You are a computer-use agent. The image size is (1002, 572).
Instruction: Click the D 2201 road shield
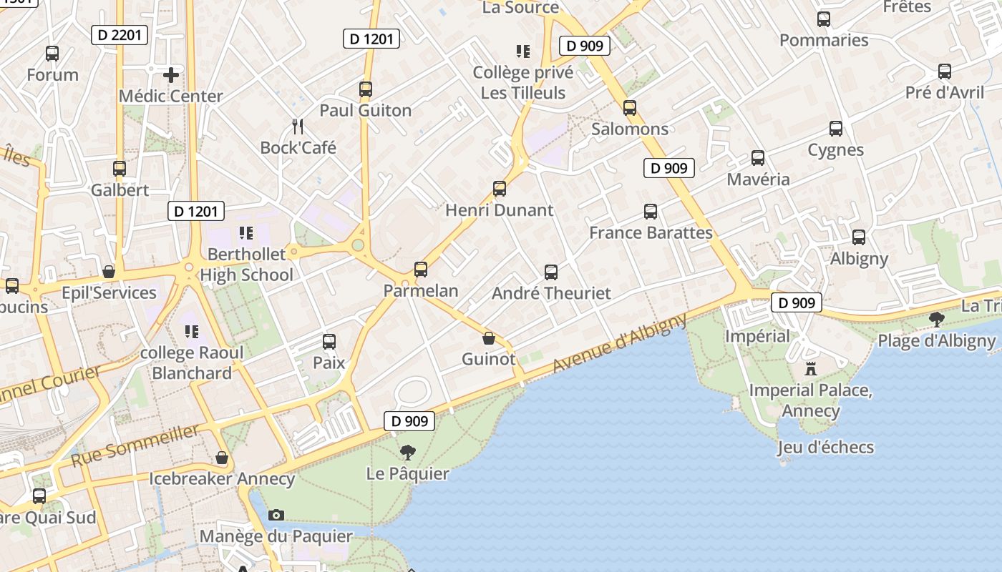coord(120,34)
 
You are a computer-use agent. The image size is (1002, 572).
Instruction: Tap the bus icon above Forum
coord(52,54)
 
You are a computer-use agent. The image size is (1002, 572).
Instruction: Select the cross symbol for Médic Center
coord(171,74)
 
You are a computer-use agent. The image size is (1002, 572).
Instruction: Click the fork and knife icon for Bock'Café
coord(298,127)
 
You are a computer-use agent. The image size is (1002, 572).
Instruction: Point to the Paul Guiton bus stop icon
coord(366,89)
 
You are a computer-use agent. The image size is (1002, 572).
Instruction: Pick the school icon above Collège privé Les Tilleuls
coord(523,51)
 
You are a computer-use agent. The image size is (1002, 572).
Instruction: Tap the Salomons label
coord(630,129)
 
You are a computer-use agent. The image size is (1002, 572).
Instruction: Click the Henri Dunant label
coord(500,210)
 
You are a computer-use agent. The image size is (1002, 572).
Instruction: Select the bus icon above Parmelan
coord(421,270)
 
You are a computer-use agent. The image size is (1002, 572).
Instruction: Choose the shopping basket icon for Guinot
coord(489,338)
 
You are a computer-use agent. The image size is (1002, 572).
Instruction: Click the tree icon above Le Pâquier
coord(408,453)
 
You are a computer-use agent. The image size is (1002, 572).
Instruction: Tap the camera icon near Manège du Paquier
coord(276,515)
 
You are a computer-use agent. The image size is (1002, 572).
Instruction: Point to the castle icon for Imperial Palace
coord(811,369)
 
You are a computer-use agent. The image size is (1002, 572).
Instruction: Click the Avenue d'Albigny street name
coord(620,342)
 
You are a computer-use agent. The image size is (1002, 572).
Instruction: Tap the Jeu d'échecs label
coord(826,448)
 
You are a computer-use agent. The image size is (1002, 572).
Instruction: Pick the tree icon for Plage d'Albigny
coord(936,320)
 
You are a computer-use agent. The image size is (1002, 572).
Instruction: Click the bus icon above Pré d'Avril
coord(945,71)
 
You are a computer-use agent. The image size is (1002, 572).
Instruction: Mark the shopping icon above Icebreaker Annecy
coord(222,458)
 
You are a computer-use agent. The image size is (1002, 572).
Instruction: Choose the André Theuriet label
coord(551,293)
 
